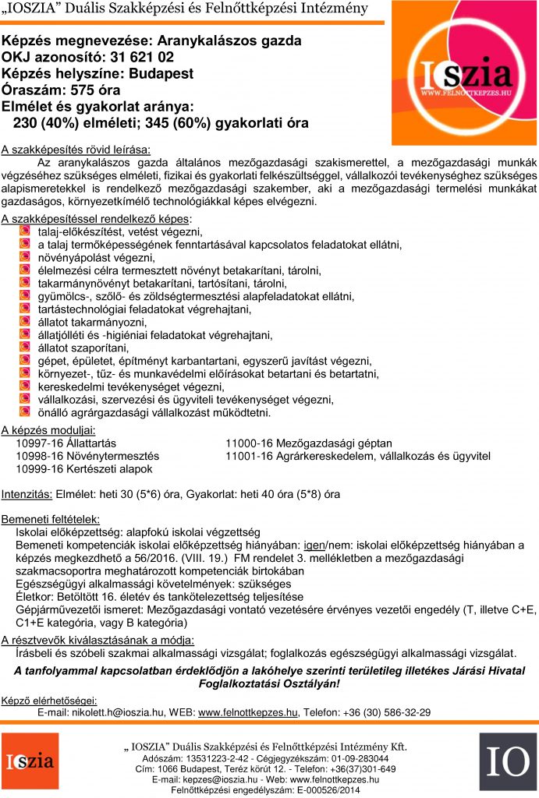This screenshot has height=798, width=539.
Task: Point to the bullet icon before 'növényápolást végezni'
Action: click(x=24, y=256)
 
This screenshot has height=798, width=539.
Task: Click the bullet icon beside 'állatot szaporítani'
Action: click(x=24, y=348)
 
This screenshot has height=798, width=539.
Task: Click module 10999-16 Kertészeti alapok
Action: click(x=84, y=468)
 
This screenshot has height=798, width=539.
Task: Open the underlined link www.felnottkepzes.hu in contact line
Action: click(x=248, y=711)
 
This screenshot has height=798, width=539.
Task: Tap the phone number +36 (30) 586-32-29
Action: click(x=386, y=711)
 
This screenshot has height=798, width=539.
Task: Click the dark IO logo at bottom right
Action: click(x=508, y=761)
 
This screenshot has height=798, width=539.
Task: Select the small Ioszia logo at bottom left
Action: click(x=30, y=761)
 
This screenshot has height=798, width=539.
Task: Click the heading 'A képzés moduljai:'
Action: click(x=48, y=429)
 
